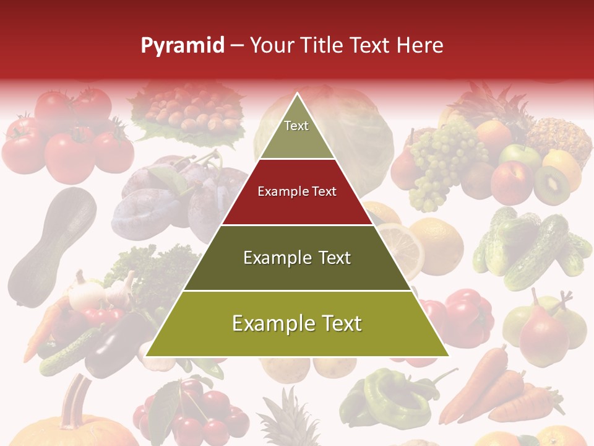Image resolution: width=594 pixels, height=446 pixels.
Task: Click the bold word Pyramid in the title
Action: tap(182, 46)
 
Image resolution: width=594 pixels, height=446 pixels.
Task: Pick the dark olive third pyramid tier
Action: tap(297, 258)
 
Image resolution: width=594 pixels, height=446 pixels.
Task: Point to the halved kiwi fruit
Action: tap(552, 184)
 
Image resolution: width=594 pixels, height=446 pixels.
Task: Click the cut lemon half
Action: tap(399, 245)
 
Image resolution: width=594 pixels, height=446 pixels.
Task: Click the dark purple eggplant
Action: tap(114, 347)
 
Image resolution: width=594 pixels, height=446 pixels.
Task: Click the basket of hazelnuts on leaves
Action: tap(186, 111)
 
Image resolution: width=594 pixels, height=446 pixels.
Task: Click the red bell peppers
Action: tap(467, 316)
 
